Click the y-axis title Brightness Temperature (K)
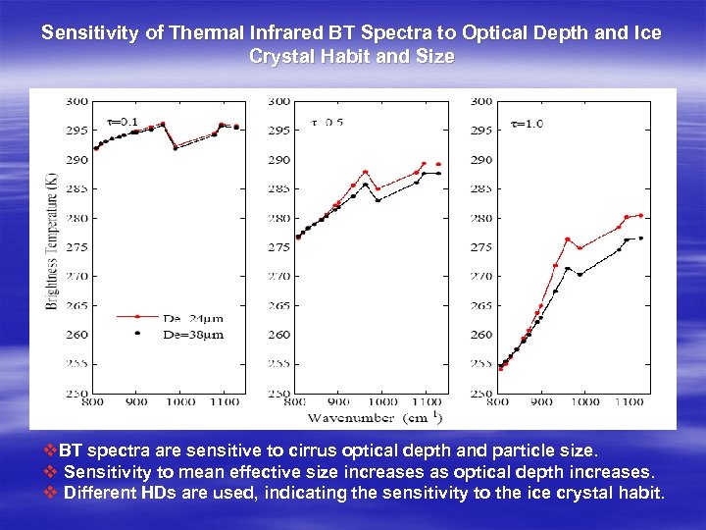[x=50, y=240]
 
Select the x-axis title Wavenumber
[x=335, y=417]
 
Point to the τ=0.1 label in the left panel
[x=123, y=122]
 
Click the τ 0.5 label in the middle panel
[x=327, y=122]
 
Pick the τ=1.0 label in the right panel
[x=529, y=123]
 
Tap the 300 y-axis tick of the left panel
[x=76, y=101]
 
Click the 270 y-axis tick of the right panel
[x=482, y=276]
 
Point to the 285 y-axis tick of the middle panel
[x=278, y=188]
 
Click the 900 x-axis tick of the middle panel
[x=338, y=401]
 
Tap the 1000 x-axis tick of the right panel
[x=586, y=401]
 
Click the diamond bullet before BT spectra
[x=51, y=451]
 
